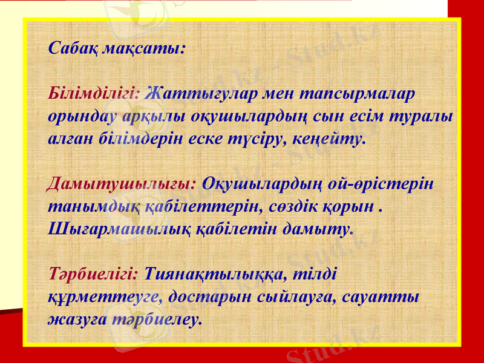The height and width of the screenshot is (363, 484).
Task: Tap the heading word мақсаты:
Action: point(146,48)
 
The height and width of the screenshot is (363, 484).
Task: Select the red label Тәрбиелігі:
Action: point(94,273)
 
